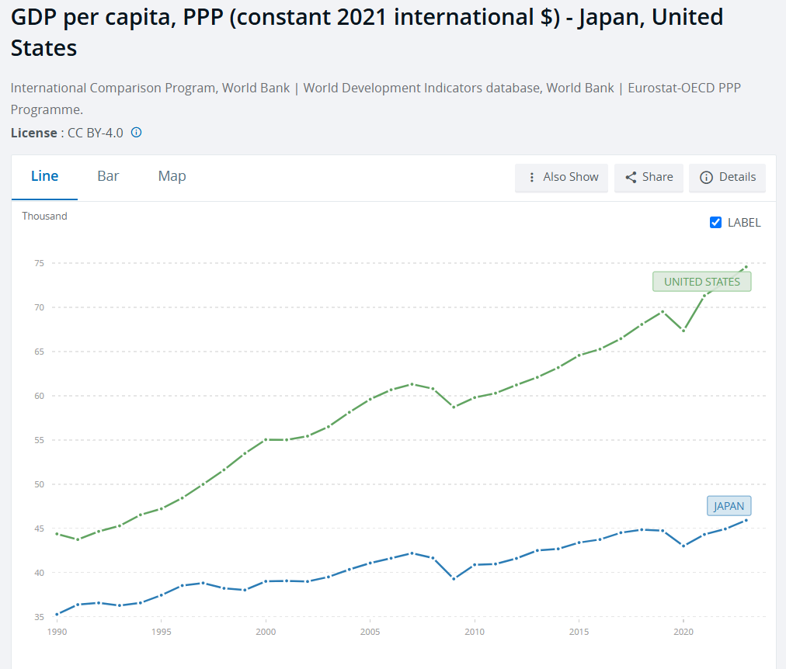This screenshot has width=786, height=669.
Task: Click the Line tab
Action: click(44, 176)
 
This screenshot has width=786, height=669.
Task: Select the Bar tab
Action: click(108, 176)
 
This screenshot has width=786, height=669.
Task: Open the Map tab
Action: click(172, 176)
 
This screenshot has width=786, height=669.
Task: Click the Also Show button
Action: click(563, 177)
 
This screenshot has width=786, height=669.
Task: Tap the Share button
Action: click(649, 177)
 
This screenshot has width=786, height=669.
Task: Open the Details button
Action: click(728, 177)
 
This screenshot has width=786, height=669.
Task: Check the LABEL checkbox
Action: click(716, 223)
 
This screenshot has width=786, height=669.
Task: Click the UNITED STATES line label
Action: click(702, 282)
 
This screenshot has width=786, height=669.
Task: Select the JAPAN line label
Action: click(729, 506)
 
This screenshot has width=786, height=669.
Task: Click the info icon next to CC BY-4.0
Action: click(136, 133)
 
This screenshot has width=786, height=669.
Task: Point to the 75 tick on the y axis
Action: click(37, 263)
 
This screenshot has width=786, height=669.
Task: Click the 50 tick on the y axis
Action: click(37, 484)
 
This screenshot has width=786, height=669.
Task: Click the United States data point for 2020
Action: click(683, 330)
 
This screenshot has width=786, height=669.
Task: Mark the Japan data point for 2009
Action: click(454, 578)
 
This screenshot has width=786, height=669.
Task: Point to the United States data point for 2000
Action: click(266, 439)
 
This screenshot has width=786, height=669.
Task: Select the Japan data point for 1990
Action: click(57, 614)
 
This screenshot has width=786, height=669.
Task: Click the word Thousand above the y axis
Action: click(44, 216)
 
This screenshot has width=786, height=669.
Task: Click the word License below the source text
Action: click(33, 133)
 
